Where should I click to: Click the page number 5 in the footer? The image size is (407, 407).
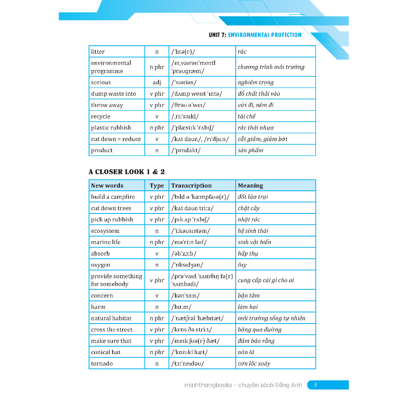click(x=316, y=385)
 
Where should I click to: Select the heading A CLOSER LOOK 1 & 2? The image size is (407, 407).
click(x=126, y=172)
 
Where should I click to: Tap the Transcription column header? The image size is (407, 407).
click(x=191, y=186)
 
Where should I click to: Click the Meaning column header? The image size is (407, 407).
click(x=250, y=186)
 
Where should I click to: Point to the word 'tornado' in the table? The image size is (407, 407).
click(x=102, y=364)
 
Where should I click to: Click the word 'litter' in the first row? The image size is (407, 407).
click(x=98, y=52)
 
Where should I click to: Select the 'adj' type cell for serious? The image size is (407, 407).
click(x=157, y=83)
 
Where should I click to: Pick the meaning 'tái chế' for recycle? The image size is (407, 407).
click(x=246, y=116)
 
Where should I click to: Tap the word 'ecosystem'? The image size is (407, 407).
click(x=105, y=231)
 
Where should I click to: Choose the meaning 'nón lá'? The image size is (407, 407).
click(x=246, y=352)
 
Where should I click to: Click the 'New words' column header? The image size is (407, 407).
click(x=107, y=186)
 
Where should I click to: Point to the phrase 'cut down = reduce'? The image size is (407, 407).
click(x=116, y=139)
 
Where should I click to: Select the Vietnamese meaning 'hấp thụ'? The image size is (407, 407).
click(x=248, y=254)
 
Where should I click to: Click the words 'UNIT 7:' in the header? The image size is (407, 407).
click(x=217, y=35)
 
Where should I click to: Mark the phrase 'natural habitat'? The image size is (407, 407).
click(x=111, y=318)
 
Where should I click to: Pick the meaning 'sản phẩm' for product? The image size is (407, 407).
click(x=250, y=151)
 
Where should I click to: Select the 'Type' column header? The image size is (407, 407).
click(x=157, y=186)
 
